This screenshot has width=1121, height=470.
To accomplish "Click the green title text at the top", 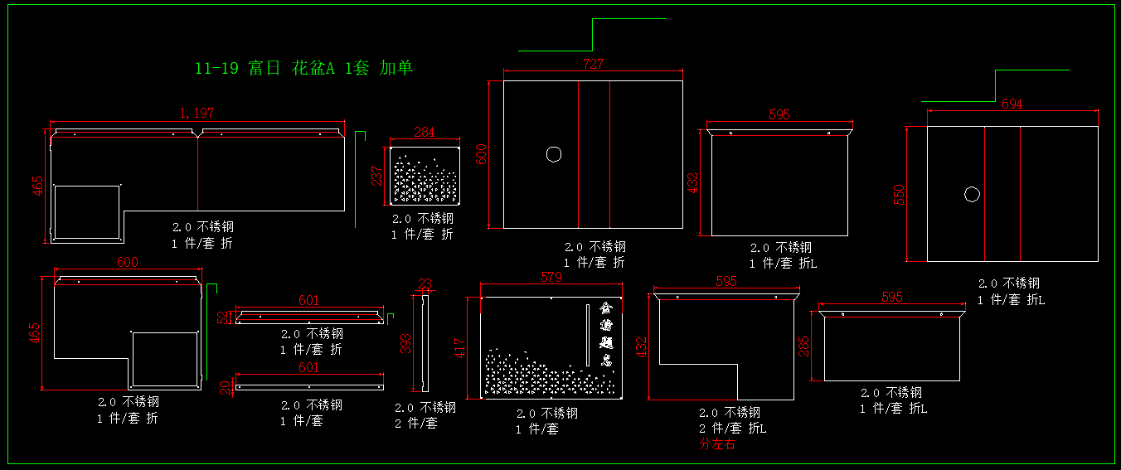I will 303,69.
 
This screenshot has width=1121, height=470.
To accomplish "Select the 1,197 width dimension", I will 197,113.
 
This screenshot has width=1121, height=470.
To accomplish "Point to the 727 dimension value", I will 593,64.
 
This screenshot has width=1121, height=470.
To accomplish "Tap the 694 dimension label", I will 1012,104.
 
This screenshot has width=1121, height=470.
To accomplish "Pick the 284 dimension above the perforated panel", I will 424,133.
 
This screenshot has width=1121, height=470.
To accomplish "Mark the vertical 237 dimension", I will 376,176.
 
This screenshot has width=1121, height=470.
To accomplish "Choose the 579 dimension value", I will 551,278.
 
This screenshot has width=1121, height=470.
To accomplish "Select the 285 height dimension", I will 803,346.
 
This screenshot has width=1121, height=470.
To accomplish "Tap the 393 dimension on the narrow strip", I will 406,343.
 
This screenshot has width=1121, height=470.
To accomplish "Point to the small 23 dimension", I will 425,284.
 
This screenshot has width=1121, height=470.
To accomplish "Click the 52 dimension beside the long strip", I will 223,317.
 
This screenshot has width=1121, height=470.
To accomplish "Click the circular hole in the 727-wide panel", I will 553,154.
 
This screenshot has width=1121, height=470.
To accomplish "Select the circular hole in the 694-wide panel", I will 972,195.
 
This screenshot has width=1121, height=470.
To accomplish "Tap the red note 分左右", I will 716,444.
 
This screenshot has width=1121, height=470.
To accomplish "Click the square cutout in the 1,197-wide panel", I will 87,211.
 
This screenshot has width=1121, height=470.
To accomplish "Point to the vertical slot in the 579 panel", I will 588,334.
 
